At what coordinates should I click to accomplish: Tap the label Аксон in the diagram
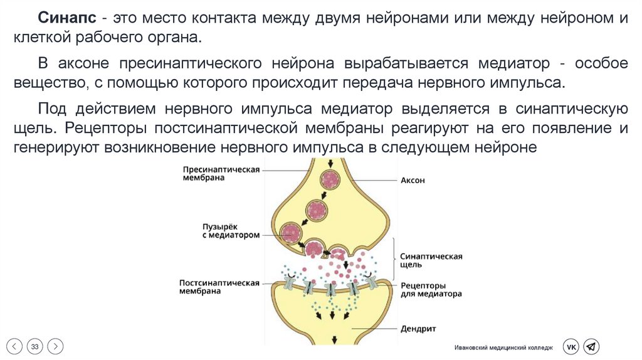(x=413, y=180)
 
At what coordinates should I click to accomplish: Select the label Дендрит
(x=418, y=329)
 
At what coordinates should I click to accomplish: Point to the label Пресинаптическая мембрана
(x=221, y=174)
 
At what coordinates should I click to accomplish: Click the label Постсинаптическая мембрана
(x=219, y=287)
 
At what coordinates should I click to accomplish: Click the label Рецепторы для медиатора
(x=431, y=289)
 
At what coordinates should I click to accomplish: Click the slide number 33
(x=35, y=346)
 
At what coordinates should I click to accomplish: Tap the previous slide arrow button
(x=15, y=346)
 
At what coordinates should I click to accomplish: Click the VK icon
(x=571, y=346)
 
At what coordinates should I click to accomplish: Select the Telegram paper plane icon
(x=591, y=346)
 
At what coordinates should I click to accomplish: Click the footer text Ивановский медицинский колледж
(x=504, y=347)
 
